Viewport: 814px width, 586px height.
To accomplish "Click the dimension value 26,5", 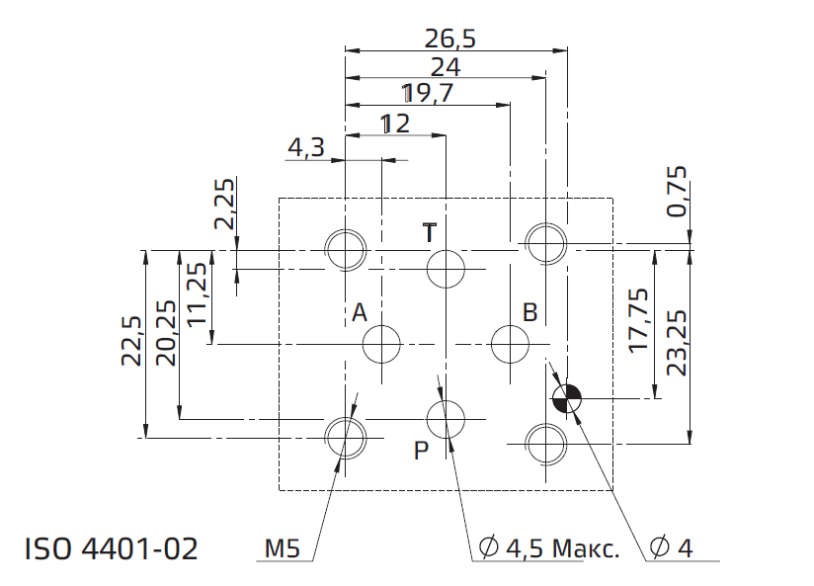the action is (x=450, y=39).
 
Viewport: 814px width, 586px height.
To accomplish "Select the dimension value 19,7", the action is (x=428, y=94).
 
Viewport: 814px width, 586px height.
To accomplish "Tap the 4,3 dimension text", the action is (x=306, y=147).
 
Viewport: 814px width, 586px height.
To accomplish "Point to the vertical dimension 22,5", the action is (x=131, y=341).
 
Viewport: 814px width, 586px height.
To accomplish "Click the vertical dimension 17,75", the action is (x=638, y=320).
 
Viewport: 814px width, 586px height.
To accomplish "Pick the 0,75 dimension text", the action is (x=677, y=191).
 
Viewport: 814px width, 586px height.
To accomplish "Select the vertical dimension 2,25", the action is (x=224, y=205).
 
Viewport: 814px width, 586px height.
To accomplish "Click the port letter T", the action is (x=430, y=233).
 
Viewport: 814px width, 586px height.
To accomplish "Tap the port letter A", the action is (x=360, y=312).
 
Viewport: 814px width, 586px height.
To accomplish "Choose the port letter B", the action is (x=530, y=312).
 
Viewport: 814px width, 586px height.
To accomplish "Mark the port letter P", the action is (x=421, y=451).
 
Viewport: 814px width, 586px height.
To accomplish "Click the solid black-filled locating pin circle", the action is (x=567, y=399).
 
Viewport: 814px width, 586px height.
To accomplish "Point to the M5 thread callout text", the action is (x=282, y=548).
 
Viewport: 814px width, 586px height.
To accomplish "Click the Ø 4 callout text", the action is (x=671, y=547).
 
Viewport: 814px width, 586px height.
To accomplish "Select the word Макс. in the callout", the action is (x=586, y=548).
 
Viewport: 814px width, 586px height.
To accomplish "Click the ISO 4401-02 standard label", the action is (x=112, y=548).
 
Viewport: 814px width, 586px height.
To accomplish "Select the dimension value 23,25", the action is (x=677, y=343).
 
